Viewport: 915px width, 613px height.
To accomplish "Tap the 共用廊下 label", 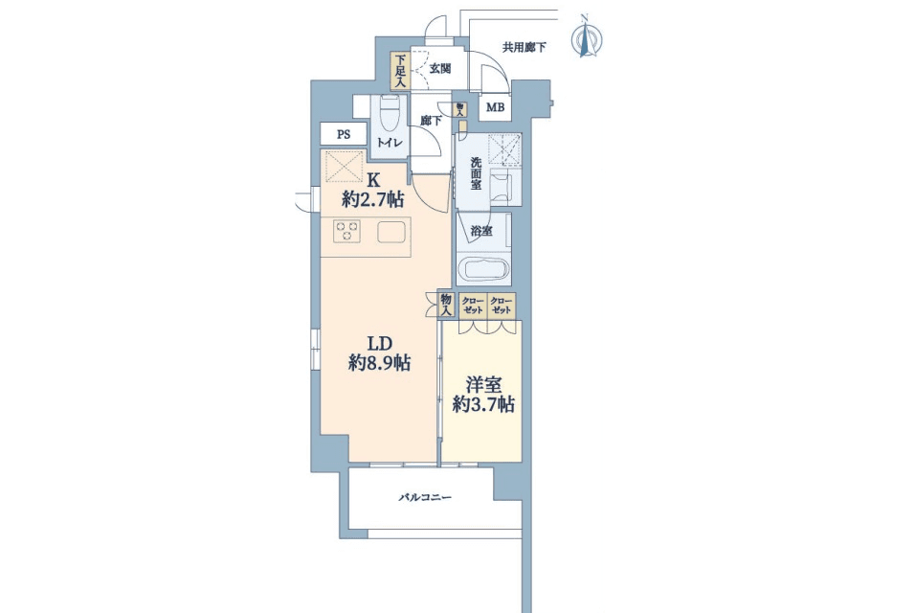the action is [524, 47].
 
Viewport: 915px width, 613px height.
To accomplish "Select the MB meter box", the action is [495, 108].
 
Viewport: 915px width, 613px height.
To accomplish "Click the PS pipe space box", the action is [344, 134].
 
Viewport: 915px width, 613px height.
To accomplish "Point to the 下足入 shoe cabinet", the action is [400, 71].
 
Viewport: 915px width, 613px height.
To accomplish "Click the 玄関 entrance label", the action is [440, 68].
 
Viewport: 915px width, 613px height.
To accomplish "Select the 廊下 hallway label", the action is [432, 121].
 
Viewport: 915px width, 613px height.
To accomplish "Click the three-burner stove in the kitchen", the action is [346, 232].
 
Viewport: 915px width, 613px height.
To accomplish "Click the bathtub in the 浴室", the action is [483, 270].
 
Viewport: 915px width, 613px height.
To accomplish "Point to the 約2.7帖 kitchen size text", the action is [372, 200].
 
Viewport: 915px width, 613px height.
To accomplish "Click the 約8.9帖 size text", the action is [379, 364].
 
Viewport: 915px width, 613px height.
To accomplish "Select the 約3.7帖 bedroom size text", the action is [483, 404].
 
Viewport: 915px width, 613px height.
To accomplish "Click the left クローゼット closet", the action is [472, 306].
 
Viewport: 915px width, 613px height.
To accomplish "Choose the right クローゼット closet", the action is [501, 306].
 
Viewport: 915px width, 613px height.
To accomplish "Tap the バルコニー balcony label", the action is [425, 498].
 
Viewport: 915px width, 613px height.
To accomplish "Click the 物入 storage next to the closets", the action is [446, 305].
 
